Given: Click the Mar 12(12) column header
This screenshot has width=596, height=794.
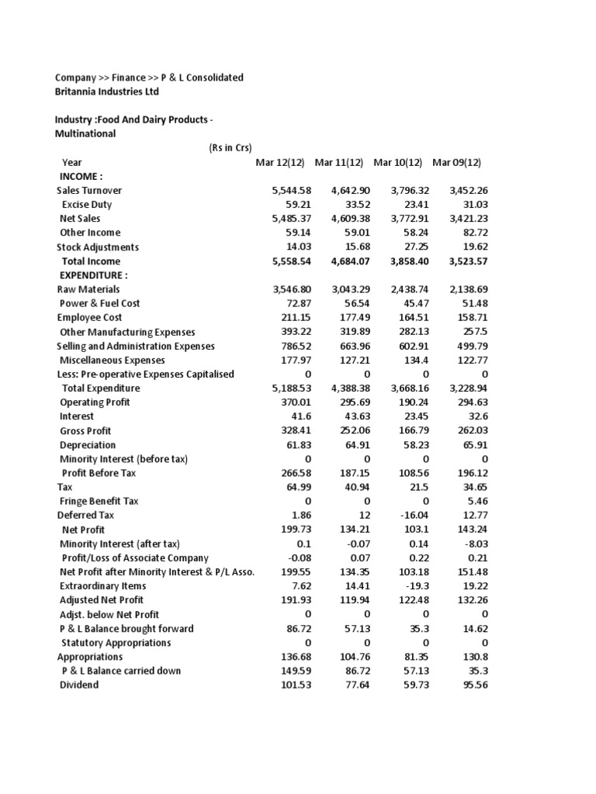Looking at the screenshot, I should point(282,162).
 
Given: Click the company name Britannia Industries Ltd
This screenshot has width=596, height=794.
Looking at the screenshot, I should point(106,91).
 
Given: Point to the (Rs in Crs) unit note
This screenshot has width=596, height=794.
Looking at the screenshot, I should point(230,148).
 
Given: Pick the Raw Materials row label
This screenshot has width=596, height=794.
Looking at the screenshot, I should point(88,289).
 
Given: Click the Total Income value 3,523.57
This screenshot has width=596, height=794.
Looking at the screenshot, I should point(469,261).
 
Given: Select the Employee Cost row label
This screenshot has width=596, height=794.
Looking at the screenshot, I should point(89,317).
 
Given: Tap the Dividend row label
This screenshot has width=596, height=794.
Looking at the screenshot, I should point(79,685).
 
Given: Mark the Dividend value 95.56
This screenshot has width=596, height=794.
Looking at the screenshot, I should point(474,685).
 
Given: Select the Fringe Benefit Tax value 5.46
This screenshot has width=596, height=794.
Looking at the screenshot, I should point(477,501).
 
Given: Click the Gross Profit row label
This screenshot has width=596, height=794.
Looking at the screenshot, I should point(85,430).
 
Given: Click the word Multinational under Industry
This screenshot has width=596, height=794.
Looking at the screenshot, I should point(85,133).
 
